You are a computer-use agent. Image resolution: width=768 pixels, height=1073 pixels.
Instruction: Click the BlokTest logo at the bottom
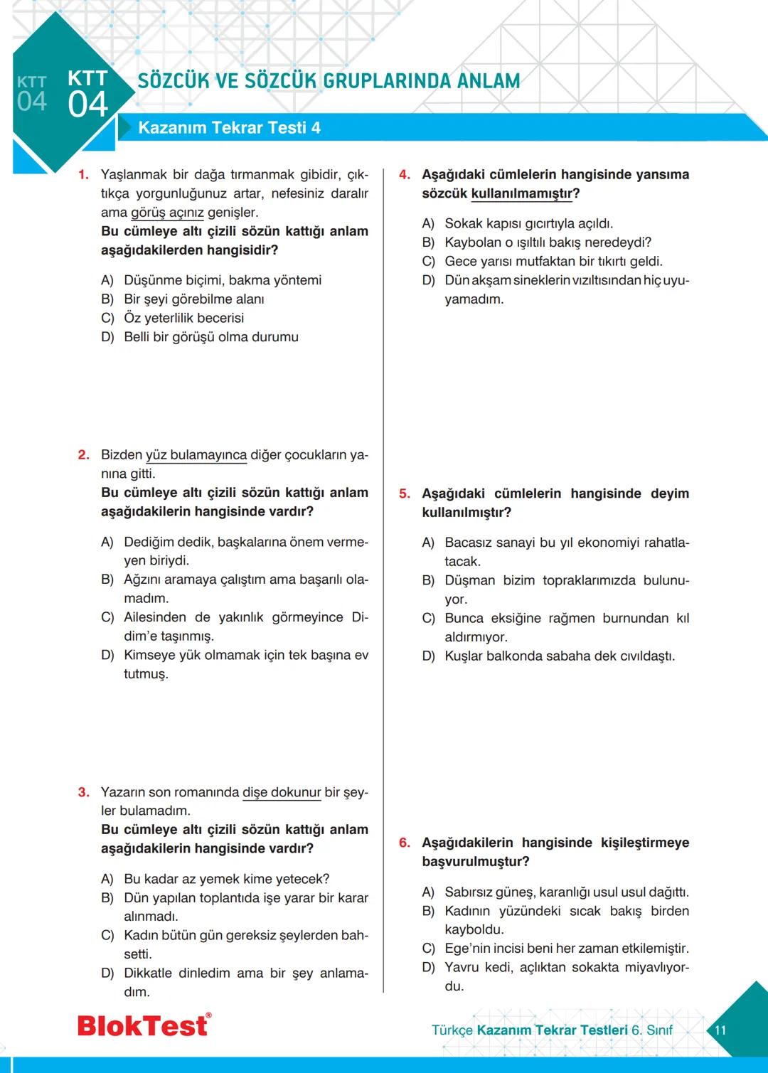click(x=144, y=1025)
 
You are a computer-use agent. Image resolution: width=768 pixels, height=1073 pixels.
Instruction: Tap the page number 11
click(x=720, y=1030)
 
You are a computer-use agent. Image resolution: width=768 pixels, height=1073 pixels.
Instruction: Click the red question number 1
click(x=83, y=175)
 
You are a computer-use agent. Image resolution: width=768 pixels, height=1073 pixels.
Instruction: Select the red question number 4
click(x=404, y=175)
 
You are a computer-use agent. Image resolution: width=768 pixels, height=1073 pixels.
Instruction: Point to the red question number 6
click(x=404, y=843)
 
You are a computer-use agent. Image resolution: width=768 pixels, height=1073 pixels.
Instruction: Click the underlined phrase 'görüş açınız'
click(x=167, y=213)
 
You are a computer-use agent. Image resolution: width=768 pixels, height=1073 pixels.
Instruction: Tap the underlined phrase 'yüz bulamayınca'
click(x=196, y=455)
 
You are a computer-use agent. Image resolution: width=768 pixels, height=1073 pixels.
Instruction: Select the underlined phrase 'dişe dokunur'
click(x=282, y=792)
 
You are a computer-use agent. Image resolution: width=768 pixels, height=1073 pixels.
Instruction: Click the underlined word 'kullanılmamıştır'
click(x=521, y=193)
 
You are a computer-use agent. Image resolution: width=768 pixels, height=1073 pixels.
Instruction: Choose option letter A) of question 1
click(x=107, y=280)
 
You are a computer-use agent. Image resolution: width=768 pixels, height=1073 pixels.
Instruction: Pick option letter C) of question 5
click(x=428, y=619)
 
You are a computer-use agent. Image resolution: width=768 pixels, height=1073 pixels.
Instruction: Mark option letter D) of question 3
click(x=107, y=973)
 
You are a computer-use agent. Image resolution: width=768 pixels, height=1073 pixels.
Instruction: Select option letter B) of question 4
click(x=428, y=242)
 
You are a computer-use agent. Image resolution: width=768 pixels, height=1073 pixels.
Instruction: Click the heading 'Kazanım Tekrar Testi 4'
click(x=229, y=128)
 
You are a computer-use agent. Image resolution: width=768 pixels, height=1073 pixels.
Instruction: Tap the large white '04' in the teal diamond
click(x=87, y=105)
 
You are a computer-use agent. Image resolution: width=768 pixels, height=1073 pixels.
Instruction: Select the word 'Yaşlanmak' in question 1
click(x=134, y=175)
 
